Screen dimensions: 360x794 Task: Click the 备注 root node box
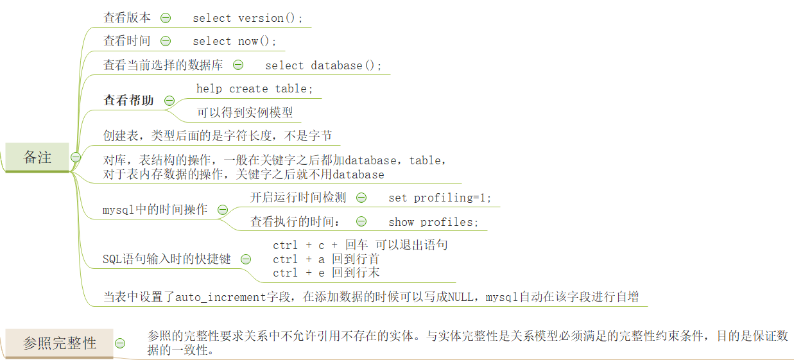pyautogui.click(x=37, y=158)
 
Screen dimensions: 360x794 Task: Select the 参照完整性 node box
pyautogui.click(x=60, y=343)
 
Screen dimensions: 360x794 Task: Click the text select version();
pyautogui.click(x=248, y=18)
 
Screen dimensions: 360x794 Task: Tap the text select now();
pyautogui.click(x=235, y=41)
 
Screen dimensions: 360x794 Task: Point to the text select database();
pyautogui.click(x=324, y=65)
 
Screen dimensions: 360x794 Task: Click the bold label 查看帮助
pyautogui.click(x=129, y=101)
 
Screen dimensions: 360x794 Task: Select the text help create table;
pyautogui.click(x=255, y=89)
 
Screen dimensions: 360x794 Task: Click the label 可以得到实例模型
pyautogui.click(x=245, y=112)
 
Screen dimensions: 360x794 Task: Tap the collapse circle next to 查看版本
pyautogui.click(x=166, y=18)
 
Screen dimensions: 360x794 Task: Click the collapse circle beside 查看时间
pyautogui.click(x=166, y=41)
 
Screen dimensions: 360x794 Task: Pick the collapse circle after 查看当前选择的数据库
pyautogui.click(x=238, y=65)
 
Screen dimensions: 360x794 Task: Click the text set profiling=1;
pyautogui.click(x=440, y=198)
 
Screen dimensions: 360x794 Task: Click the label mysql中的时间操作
pyautogui.click(x=155, y=210)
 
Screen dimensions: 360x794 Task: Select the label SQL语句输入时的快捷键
pyautogui.click(x=167, y=259)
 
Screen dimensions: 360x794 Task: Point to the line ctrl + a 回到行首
pyautogui.click(x=326, y=259)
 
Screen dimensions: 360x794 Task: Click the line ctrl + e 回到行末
pyautogui.click(x=326, y=273)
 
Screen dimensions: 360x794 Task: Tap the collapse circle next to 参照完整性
pyautogui.click(x=120, y=343)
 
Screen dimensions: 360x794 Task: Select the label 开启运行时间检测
pyautogui.click(x=298, y=198)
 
